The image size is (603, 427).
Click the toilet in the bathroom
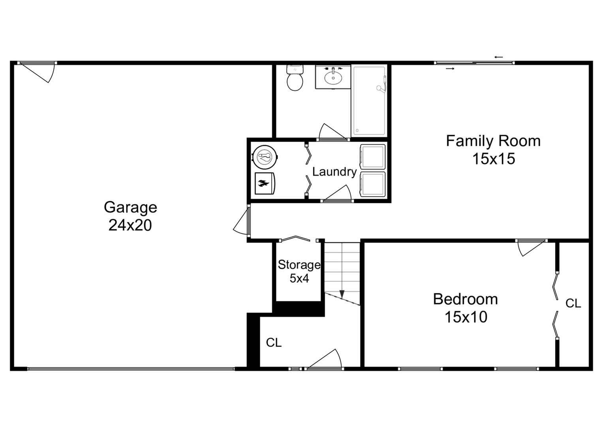pos(295,79)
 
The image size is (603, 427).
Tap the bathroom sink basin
pos(333,78)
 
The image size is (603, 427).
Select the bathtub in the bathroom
pos(369,101)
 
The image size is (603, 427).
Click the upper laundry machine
pos(372,157)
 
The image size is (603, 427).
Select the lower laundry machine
pos(372,184)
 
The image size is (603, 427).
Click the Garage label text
pos(130,207)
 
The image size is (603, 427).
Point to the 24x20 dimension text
pos(130,225)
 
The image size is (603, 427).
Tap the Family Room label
pos(493,141)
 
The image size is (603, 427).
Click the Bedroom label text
pos(465,299)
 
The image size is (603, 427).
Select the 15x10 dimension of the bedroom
pos(466,317)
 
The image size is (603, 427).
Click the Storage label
pos(299,265)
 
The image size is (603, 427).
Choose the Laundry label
pos(334,172)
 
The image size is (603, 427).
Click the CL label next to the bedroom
pos(573,303)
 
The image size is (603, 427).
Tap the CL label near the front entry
pos(274,342)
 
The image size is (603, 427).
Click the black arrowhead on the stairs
pos(342,294)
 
